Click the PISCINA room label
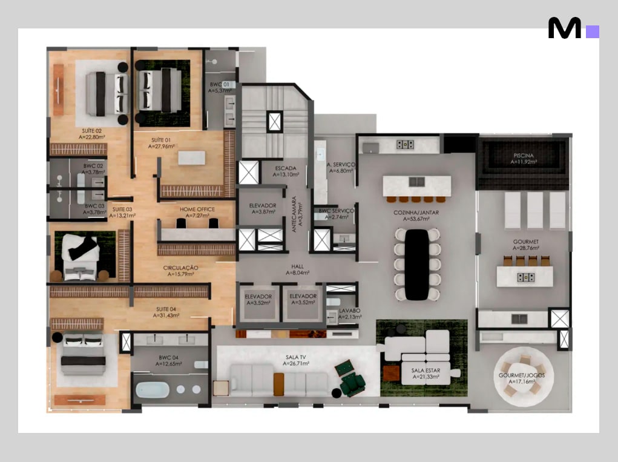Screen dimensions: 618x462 click(524, 156)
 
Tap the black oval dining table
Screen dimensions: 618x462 click(417, 264)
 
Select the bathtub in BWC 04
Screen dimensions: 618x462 click(153, 389)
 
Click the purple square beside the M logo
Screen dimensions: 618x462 click(593, 31)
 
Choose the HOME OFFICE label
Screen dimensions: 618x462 click(197, 210)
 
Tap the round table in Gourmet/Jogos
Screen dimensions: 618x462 click(524, 376)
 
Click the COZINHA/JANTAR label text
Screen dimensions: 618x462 click(416, 213)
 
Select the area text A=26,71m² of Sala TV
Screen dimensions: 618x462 click(295, 363)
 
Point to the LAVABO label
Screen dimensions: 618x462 click(349, 311)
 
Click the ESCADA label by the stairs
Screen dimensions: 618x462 click(285, 168)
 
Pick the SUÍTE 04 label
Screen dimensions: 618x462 click(166, 309)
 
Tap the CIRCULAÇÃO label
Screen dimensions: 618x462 click(180, 268)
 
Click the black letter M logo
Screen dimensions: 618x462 click(564, 28)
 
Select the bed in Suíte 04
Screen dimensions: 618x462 click(83, 354)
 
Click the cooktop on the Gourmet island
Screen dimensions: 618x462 click(526, 278)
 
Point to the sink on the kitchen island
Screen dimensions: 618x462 click(416, 182)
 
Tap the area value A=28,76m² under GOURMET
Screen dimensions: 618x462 click(526, 248)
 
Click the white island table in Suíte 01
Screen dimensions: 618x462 click(191, 157)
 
